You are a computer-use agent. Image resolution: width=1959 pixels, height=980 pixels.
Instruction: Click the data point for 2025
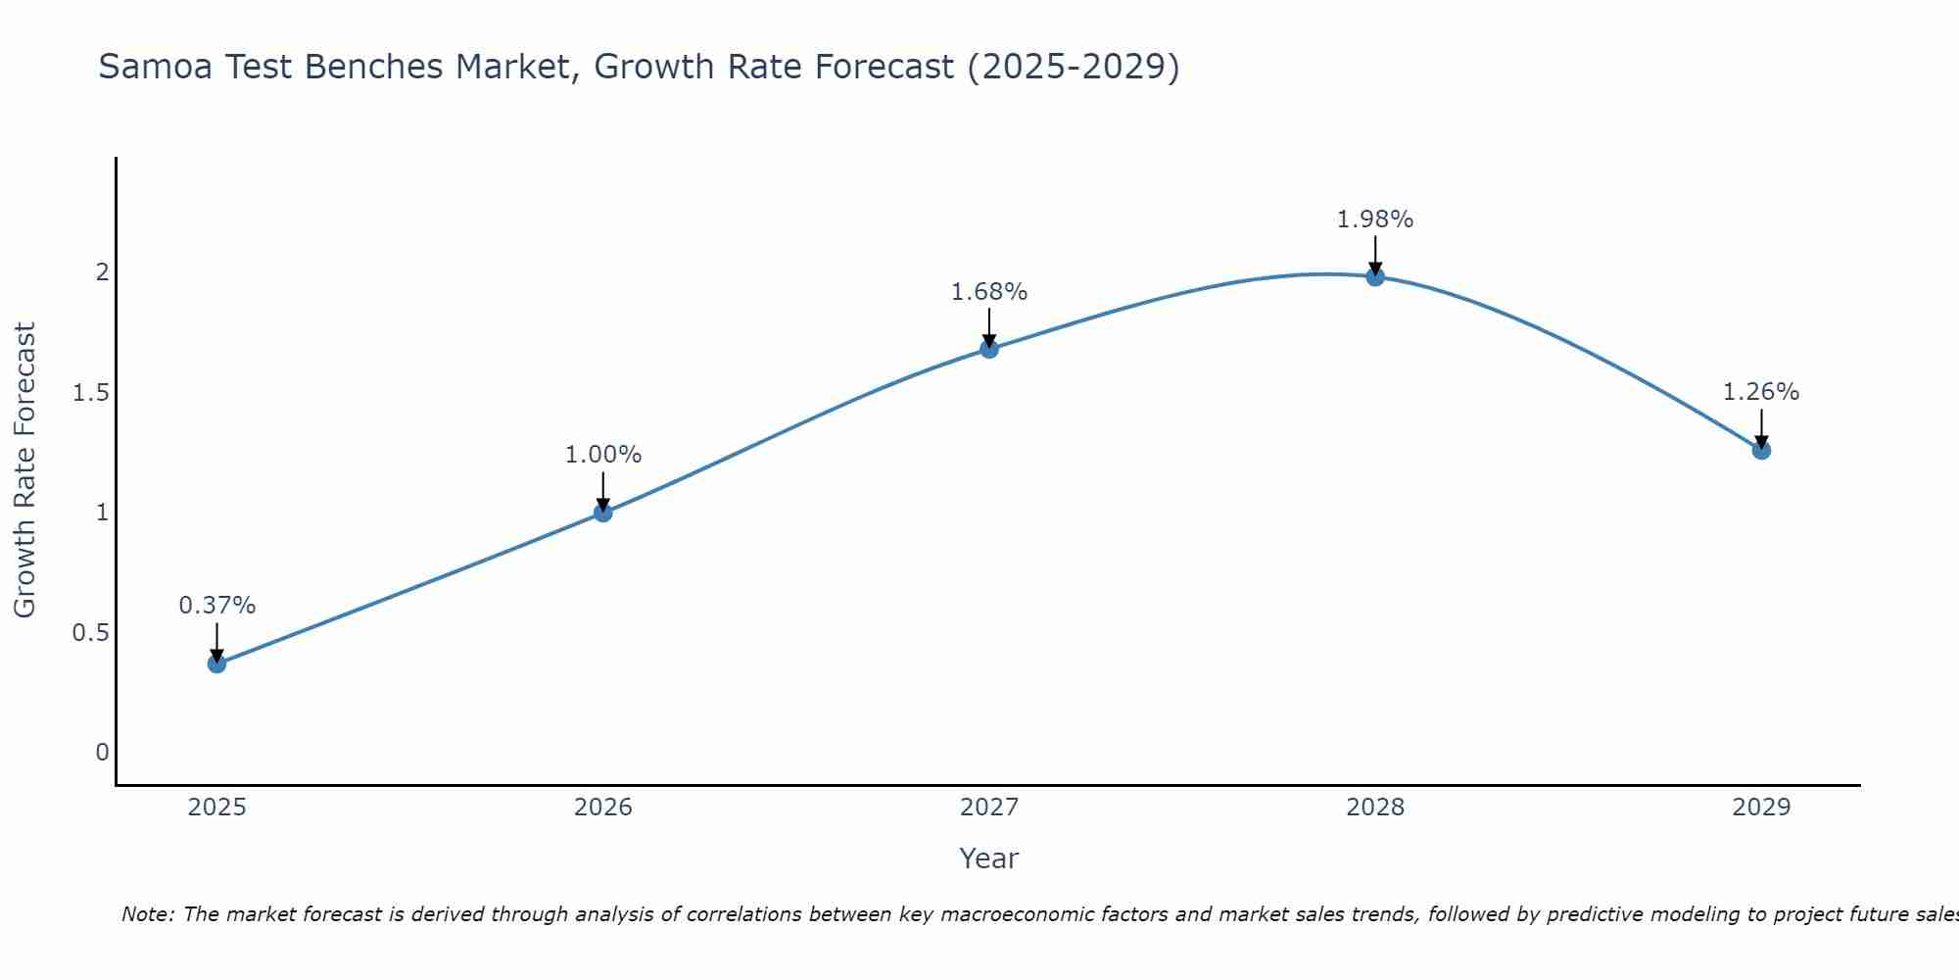click(x=216, y=663)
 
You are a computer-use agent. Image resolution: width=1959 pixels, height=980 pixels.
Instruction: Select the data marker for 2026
click(x=602, y=512)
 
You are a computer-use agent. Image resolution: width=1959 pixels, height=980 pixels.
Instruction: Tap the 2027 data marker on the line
click(x=989, y=348)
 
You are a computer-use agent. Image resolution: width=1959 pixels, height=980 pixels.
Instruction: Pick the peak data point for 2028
click(x=1375, y=276)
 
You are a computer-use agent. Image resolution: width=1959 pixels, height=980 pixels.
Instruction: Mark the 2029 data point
click(x=1761, y=450)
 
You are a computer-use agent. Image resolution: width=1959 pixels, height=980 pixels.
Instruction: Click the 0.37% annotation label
click(x=216, y=606)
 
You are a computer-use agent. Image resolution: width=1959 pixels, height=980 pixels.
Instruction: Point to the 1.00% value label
click(x=602, y=455)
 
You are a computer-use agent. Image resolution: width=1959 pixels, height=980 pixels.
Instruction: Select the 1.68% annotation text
click(x=989, y=292)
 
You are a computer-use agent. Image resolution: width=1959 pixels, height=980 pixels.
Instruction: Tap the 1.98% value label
click(x=1375, y=220)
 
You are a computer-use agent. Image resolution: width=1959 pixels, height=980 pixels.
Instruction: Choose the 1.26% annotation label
click(x=1761, y=392)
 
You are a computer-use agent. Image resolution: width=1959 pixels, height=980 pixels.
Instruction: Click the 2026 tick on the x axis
click(x=602, y=808)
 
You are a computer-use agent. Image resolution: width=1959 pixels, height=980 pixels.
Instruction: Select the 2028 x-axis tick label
click(x=1375, y=808)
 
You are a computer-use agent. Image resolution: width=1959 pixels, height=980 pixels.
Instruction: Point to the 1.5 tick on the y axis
click(x=90, y=393)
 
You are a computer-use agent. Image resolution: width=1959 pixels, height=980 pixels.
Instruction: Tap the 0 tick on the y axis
click(x=102, y=753)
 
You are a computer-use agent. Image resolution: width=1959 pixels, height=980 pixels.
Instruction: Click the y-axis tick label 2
click(x=102, y=272)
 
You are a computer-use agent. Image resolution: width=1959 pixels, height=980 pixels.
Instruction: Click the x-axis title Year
click(x=989, y=858)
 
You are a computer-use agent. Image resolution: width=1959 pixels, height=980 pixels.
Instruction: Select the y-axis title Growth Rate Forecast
click(x=24, y=469)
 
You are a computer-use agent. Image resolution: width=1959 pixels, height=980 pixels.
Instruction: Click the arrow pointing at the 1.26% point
click(x=1761, y=428)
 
